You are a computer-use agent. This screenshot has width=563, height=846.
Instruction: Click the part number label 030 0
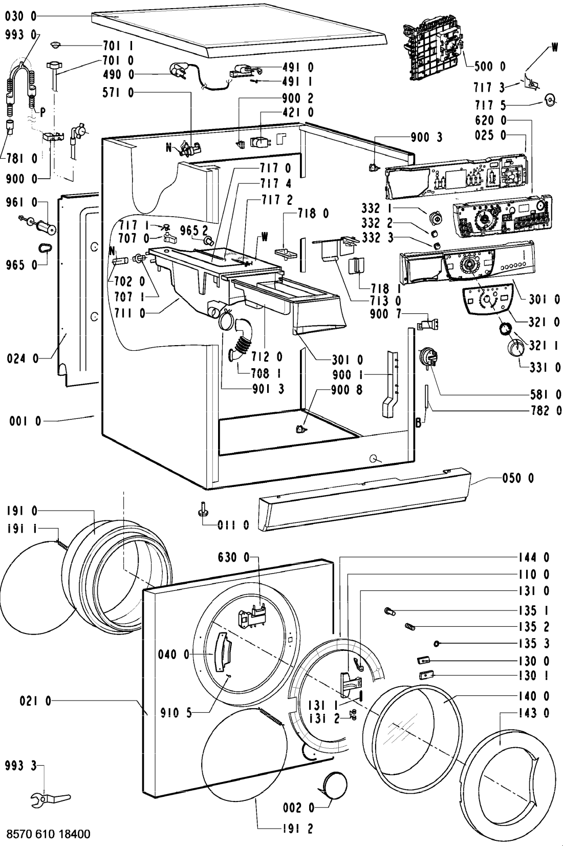tap(20, 17)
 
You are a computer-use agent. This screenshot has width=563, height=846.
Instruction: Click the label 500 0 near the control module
tap(488, 66)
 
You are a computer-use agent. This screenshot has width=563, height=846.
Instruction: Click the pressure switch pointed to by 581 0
tap(427, 356)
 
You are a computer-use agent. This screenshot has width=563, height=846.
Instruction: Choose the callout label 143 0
tap(532, 712)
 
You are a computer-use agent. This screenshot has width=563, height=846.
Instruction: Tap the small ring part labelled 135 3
tap(437, 644)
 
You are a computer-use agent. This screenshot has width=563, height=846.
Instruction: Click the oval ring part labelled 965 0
tap(45, 248)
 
